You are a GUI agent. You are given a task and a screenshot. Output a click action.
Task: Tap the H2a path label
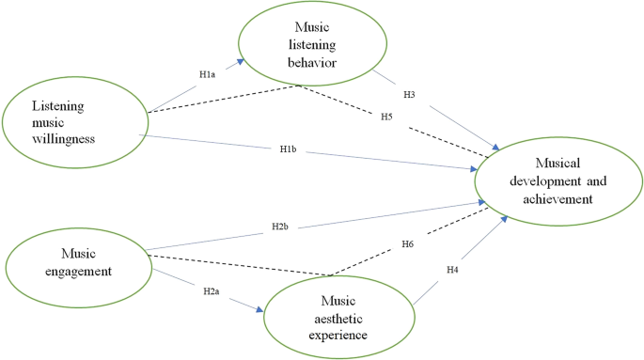pos(212,292)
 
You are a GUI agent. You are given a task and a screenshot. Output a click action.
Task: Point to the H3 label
pos(409,95)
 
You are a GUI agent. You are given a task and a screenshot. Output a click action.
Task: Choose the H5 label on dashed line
pos(386,116)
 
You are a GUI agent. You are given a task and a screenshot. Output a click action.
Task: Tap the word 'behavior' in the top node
pos(312,61)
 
